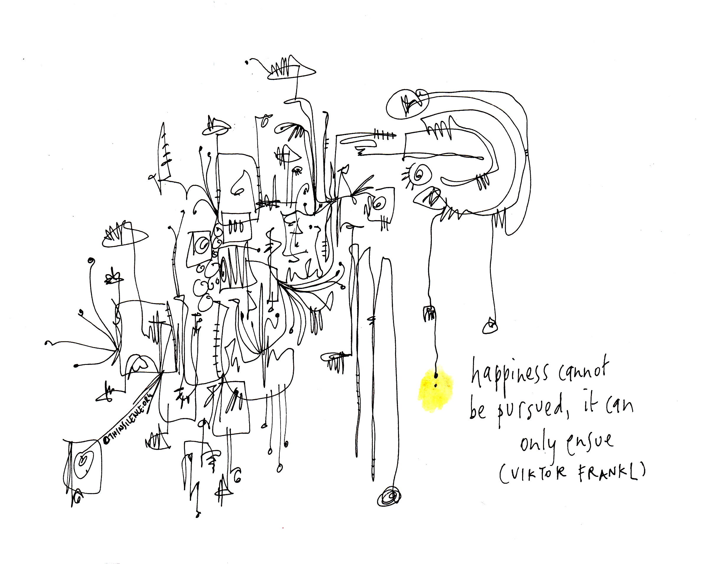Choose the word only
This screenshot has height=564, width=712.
point(540,446)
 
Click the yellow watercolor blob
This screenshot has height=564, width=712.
point(435,390)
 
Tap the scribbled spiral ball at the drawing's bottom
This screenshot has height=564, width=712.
point(390,497)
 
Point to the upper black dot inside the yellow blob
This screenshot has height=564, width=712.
point(436,375)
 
